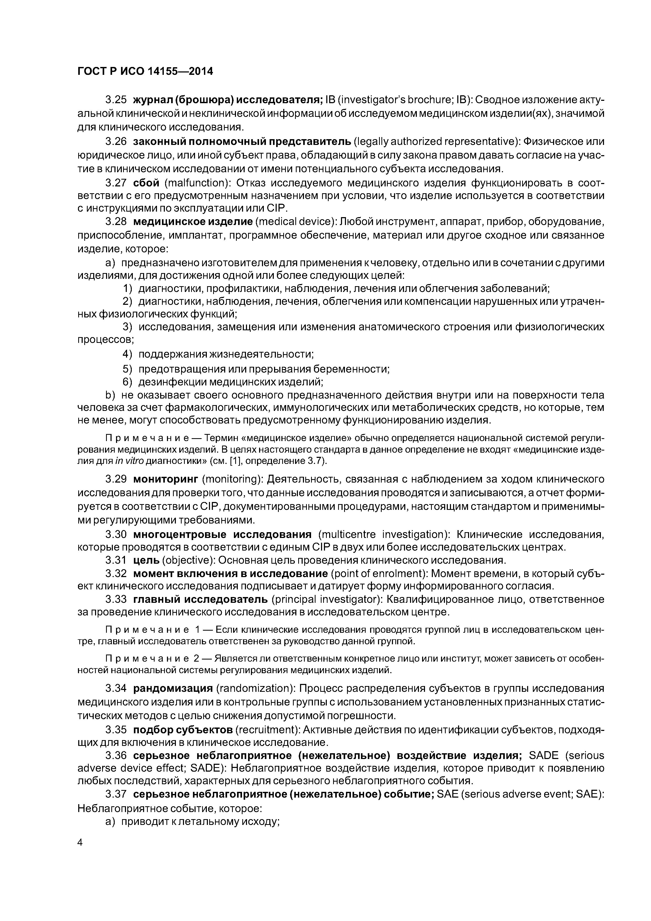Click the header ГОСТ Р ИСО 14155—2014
click(x=145, y=71)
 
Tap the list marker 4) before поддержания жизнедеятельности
click(x=127, y=354)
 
